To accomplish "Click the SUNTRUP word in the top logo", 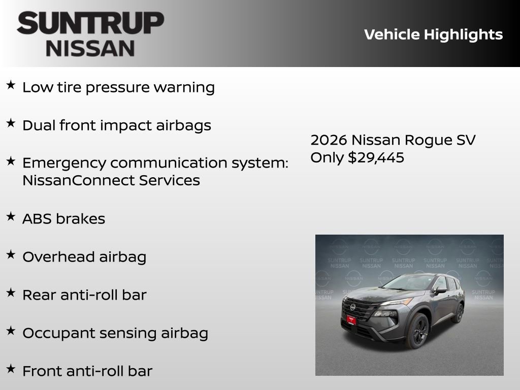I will tap(90, 24).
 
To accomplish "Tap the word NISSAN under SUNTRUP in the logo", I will tap(90, 48).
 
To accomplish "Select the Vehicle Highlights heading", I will tap(433, 35).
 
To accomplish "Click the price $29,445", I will tap(376, 157).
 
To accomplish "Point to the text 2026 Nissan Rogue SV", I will tap(393, 140).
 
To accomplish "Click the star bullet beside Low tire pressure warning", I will tap(11, 85).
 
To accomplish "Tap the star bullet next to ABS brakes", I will tap(11, 217).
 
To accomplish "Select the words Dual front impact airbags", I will tap(116, 125).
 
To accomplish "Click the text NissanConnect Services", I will tap(111, 180).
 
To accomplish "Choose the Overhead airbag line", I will tap(84, 257).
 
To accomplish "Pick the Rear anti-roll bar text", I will tap(84, 295).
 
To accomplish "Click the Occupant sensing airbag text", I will tap(115, 333).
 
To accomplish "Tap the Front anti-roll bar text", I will tap(87, 371).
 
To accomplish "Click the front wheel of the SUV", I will tap(417, 331).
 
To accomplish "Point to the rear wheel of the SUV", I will tap(459, 313).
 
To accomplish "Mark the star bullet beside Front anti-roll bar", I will tap(11, 369).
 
